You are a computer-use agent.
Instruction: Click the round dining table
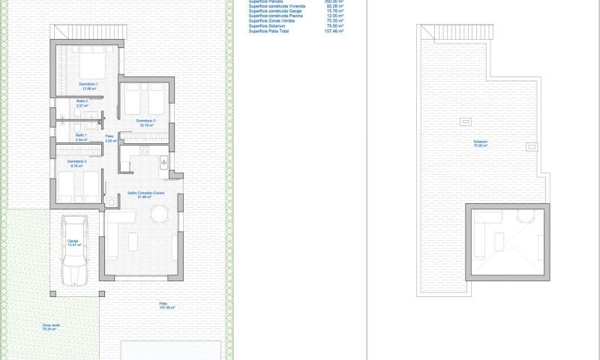pyautogui.click(x=160, y=215)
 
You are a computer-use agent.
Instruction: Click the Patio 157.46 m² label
pyautogui.click(x=167, y=306)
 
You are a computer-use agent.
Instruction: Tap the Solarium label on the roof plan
pyautogui.click(x=480, y=143)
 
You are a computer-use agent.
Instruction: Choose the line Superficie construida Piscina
pyautogui.click(x=276, y=16)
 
